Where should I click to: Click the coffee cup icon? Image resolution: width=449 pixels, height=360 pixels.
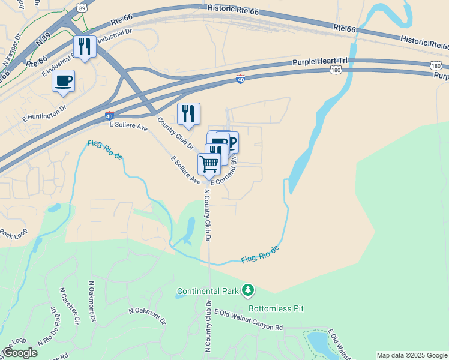(x=64, y=80)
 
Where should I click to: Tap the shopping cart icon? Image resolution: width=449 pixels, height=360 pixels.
(x=209, y=163)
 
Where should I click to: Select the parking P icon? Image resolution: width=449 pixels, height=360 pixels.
(x=231, y=142)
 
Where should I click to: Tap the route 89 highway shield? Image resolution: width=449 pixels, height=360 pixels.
(x=82, y=8)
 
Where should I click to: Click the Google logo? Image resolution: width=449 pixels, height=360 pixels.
(x=19, y=353)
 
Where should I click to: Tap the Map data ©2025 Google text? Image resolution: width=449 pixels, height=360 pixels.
(x=411, y=355)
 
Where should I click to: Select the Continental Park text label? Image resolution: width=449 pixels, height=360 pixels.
(x=208, y=293)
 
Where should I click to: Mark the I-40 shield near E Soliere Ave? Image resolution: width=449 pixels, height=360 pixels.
(x=109, y=115)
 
